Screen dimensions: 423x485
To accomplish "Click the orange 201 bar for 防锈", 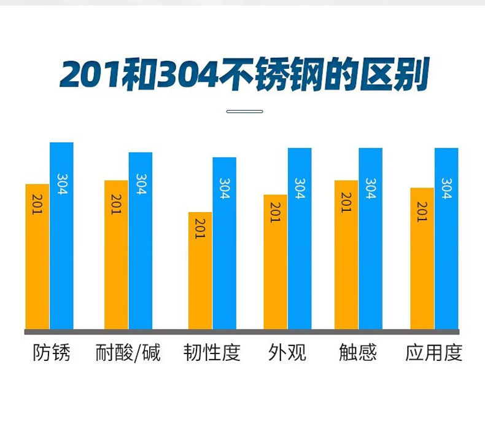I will (37, 256).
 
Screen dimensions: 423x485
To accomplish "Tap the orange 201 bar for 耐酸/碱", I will (116, 255).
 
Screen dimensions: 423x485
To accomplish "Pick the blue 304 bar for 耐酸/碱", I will (141, 240).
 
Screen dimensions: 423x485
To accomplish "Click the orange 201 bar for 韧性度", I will (200, 271).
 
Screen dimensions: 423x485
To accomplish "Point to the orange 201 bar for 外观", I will (275, 262).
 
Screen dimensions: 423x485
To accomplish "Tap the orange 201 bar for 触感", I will (346, 255).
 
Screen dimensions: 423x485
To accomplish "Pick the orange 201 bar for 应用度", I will (422, 258).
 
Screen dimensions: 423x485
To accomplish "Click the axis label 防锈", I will (52, 353).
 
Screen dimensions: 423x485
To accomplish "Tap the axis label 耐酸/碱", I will (128, 353).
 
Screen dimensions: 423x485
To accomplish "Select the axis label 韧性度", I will (212, 353).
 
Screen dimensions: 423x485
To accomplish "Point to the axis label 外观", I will (287, 353).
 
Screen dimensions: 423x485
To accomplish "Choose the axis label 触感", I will (358, 353).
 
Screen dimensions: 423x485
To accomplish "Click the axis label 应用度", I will (433, 353).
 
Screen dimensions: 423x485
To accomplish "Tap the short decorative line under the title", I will (244, 111).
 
